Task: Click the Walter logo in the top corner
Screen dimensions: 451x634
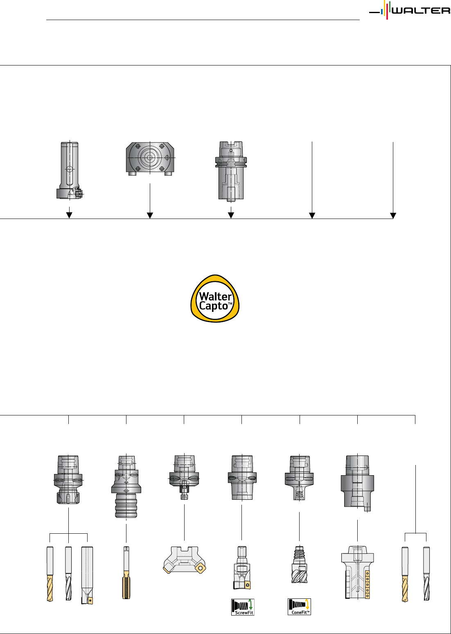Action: pyautogui.click(x=409, y=10)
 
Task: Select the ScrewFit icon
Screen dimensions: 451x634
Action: pyautogui.click(x=243, y=607)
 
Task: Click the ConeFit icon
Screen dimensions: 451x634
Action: pyautogui.click(x=299, y=607)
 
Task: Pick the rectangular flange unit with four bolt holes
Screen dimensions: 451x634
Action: pyautogui.click(x=150, y=158)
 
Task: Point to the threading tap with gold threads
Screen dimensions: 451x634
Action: pyautogui.click(x=126, y=573)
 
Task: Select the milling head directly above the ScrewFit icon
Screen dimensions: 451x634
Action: pyautogui.click(x=242, y=568)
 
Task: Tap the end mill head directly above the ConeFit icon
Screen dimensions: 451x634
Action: pyautogui.click(x=299, y=564)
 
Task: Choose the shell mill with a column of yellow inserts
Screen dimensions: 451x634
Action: pyautogui.click(x=357, y=573)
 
